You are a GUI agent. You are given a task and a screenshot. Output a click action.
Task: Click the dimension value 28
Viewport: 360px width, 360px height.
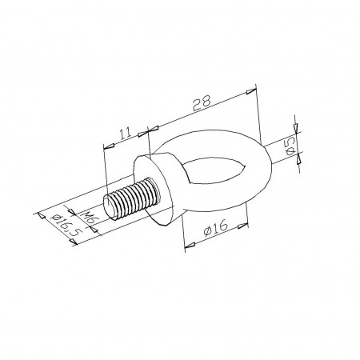(202, 102)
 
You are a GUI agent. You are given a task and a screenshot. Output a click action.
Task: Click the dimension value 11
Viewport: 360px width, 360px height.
(126, 133)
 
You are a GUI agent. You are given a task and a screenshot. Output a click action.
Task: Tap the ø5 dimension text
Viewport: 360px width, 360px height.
(290, 146)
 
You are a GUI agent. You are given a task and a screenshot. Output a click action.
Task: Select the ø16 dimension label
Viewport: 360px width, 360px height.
(215, 227)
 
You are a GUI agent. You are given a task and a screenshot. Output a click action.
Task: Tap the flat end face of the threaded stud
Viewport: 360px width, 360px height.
(110, 207)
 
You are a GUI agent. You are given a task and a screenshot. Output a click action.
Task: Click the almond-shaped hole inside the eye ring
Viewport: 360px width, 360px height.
(217, 170)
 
